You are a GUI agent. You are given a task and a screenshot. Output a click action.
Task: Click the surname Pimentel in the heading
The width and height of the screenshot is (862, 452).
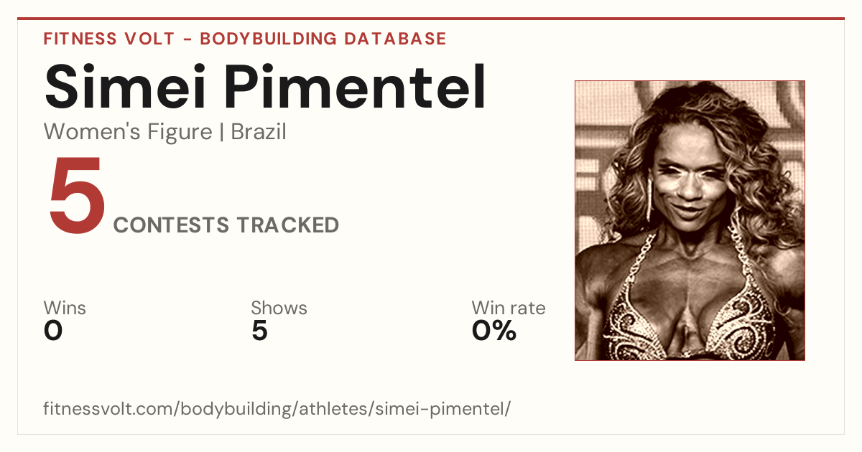coord(355,86)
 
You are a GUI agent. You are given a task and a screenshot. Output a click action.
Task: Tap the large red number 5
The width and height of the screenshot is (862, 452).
coord(77,194)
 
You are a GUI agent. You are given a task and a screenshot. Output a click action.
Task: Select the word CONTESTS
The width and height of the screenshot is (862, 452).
coord(171,225)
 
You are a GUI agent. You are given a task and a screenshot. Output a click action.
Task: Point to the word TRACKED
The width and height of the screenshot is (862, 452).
coord(288,225)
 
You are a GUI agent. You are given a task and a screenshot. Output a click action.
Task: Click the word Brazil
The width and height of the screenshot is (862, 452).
coord(259,131)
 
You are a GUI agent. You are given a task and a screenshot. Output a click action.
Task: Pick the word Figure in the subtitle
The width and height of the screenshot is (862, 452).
coord(180,132)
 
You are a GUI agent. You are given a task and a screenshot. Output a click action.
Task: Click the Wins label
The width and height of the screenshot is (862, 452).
coord(65,308)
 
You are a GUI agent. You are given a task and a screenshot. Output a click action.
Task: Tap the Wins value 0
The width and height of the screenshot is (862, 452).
coord(53,331)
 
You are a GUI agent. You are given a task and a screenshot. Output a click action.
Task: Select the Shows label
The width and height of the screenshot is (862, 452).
coord(279,308)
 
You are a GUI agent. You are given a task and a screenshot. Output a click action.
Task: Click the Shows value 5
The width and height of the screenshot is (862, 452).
coord(259,331)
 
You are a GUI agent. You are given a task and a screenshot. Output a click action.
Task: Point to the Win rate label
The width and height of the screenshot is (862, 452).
coord(509,308)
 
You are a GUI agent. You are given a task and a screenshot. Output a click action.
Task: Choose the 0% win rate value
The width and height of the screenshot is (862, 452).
coord(494,331)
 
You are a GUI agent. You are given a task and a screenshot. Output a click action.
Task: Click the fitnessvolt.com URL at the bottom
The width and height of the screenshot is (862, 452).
coord(277,408)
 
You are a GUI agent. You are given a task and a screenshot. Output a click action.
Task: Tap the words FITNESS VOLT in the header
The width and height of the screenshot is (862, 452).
coord(109,39)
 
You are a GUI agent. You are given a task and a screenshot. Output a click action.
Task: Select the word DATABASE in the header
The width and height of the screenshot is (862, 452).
coord(395,39)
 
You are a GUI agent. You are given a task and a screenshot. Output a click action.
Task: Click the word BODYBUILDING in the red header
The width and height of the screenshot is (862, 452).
coord(268,39)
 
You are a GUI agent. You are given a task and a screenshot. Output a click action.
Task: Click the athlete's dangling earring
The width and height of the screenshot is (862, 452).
coord(650,200)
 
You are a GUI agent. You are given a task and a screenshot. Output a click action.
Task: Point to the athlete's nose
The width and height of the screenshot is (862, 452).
coord(690,188)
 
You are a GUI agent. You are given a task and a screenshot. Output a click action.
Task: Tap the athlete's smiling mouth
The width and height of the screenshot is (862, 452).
coord(689,212)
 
